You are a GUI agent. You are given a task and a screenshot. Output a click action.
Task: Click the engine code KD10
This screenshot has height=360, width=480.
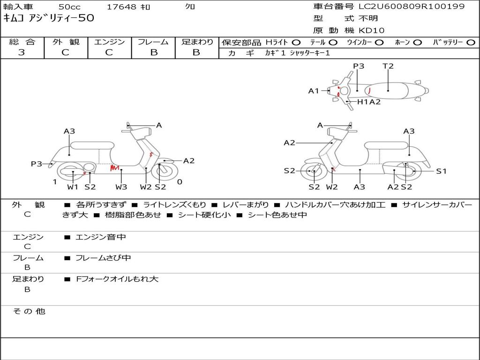371,30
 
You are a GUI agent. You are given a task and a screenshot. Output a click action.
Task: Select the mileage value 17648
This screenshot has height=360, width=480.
121,7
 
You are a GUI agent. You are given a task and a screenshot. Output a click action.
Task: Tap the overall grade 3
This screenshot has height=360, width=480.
22,52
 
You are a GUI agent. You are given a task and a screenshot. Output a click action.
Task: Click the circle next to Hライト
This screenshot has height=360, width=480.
296,43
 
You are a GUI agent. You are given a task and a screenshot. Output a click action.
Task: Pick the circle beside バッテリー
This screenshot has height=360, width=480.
471,43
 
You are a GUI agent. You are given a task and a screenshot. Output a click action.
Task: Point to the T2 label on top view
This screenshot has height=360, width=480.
388,66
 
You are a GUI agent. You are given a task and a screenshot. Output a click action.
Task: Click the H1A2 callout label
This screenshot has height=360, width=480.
369,102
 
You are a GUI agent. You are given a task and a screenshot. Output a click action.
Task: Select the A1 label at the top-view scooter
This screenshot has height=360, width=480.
314,90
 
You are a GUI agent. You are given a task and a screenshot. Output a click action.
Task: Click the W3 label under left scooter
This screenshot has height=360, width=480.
121,187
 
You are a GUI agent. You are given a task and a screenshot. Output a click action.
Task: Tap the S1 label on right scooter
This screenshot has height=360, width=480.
441,171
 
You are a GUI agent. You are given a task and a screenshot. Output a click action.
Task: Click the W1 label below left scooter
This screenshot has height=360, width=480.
73,187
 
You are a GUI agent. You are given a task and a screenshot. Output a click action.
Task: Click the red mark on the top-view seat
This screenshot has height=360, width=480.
370,90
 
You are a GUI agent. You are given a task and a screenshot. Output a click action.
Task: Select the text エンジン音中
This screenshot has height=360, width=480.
101,237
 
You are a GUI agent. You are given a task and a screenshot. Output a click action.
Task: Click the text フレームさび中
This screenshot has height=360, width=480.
103,258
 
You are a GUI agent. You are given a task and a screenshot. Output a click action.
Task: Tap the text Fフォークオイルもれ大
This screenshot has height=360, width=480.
117,279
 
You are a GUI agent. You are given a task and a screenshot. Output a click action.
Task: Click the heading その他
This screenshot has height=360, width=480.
29,311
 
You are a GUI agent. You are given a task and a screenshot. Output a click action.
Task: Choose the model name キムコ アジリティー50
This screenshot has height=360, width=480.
49,18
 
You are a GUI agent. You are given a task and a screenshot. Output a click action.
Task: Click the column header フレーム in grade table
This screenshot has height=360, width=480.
153,42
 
